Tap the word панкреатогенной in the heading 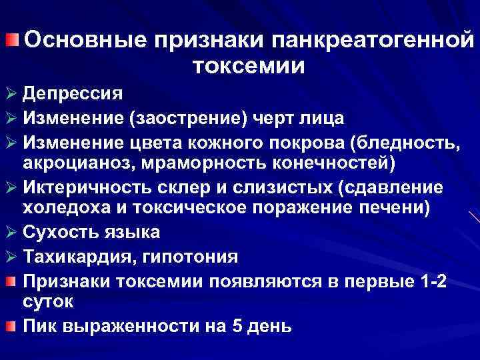point(373,41)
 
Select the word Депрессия point(73,93)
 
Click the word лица point(323,119)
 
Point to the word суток point(48,301)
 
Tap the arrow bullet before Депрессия point(11,93)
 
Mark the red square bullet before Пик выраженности point(11,325)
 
